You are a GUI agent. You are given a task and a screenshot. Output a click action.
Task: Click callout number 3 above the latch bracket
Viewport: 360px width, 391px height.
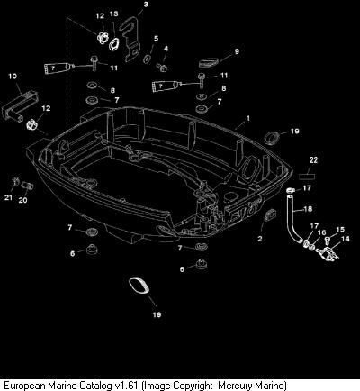point(146,5)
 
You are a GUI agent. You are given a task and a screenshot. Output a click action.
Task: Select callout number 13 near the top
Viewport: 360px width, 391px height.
point(113,14)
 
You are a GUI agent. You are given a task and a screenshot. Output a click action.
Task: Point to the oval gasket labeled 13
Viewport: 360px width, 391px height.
point(114,45)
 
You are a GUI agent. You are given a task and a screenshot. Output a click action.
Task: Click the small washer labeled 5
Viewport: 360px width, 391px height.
point(148,59)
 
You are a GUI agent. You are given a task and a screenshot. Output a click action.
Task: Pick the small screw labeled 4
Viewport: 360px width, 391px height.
point(162,68)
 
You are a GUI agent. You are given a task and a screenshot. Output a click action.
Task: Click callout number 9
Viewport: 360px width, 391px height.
point(237,51)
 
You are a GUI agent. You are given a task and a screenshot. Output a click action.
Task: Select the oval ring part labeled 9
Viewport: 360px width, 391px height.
point(209,64)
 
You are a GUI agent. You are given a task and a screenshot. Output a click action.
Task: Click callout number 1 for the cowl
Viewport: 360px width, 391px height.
point(248,119)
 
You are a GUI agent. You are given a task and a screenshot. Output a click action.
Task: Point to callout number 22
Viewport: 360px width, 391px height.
point(313,160)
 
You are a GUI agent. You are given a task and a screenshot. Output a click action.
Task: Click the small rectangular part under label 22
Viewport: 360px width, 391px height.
point(307,176)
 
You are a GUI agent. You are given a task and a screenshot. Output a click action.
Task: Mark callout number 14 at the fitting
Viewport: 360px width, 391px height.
point(346,239)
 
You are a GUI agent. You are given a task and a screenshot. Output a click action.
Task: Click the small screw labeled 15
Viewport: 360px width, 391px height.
point(328,241)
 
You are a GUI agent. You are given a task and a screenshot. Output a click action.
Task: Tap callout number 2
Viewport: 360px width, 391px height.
point(260,239)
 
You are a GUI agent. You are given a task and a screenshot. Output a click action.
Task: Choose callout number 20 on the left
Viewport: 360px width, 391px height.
point(22,200)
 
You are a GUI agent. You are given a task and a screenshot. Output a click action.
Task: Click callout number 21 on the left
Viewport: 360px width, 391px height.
point(8,197)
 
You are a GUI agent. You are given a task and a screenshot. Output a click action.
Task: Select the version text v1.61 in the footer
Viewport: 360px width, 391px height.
point(126,385)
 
